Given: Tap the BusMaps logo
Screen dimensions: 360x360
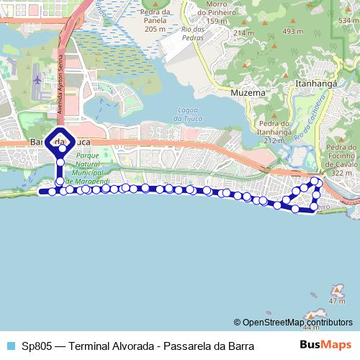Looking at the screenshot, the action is click(325, 346).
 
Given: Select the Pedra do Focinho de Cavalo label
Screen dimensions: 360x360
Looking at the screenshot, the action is click(341, 160).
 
